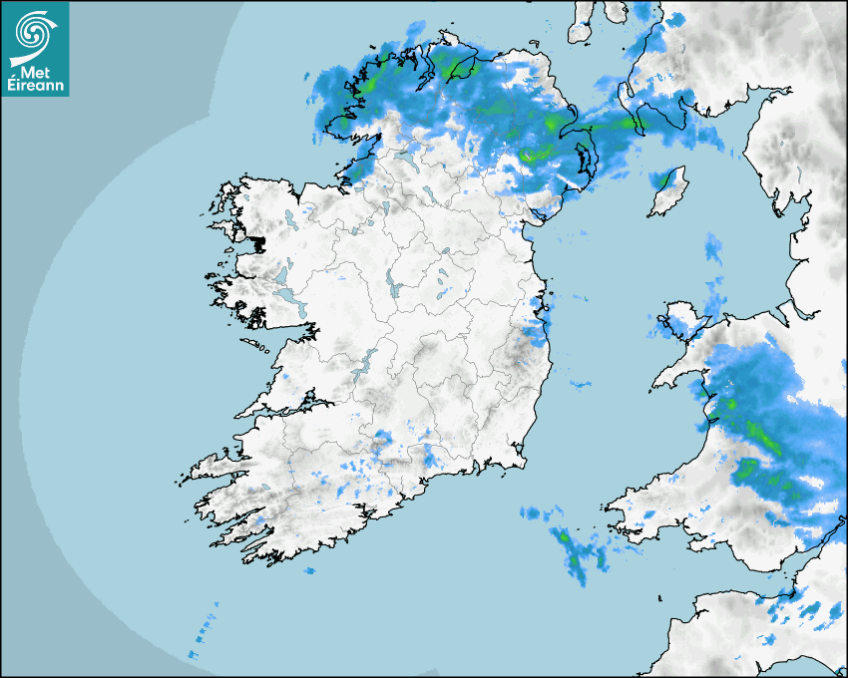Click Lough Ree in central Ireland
pos(392,285)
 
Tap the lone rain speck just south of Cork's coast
pos(308,570)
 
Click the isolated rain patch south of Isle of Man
pos(713,249)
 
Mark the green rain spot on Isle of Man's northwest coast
pos(659,179)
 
